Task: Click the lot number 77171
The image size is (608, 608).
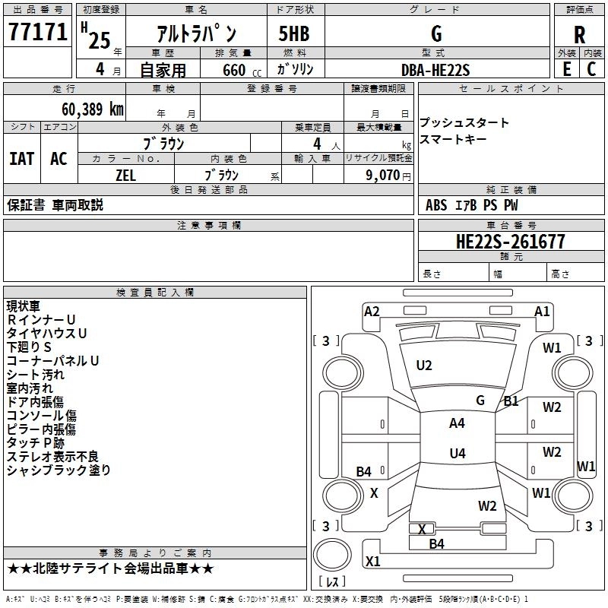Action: point(37,31)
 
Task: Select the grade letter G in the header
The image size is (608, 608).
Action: point(436,33)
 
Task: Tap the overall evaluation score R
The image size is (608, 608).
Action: point(579,35)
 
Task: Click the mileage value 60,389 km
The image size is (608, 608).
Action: point(93,109)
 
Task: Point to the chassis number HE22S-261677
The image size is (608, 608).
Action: point(510,242)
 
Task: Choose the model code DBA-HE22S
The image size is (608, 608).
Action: point(435,70)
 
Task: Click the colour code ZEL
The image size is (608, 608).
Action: point(125,176)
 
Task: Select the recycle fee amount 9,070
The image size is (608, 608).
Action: point(382,176)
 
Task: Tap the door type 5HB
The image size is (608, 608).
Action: point(294,33)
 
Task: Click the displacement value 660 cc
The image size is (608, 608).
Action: point(242,71)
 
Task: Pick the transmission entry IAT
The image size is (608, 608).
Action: point(22,159)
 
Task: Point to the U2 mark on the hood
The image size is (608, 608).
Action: point(424,366)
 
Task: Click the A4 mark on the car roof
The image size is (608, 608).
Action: point(457,423)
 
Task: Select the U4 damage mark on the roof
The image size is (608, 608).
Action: point(458,453)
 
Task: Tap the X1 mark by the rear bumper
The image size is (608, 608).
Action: point(373,561)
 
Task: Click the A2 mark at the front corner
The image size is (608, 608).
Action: point(372,312)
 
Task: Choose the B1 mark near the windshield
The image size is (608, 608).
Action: point(511,401)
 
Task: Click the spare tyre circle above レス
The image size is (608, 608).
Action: point(332,555)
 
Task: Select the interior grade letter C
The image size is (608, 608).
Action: point(592,69)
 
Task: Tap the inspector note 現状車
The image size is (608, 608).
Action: point(24,306)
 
